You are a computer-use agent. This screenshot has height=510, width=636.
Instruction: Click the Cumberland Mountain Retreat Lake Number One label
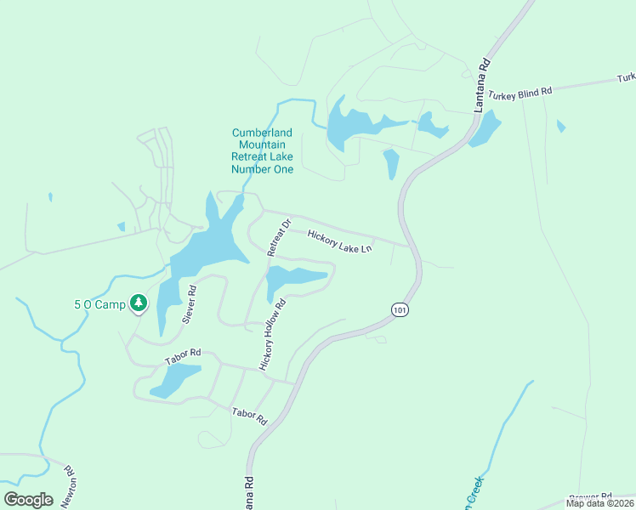pyautogui.click(x=263, y=150)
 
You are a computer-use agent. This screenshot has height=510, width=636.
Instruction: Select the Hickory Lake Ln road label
pyautogui.click(x=340, y=241)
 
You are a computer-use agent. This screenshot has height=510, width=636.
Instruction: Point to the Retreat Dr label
pyautogui.click(x=279, y=238)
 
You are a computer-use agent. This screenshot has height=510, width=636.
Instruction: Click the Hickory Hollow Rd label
pyautogui.click(x=274, y=334)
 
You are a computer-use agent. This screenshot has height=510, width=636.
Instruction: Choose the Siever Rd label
pyautogui.click(x=190, y=304)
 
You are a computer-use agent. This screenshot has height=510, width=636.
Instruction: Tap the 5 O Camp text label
pyautogui.click(x=99, y=304)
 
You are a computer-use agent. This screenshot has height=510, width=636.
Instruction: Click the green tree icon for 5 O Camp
pyautogui.click(x=138, y=303)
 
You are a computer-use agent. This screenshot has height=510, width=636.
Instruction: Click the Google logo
pyautogui.click(x=28, y=499)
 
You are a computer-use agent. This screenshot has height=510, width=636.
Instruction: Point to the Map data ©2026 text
pyautogui.click(x=599, y=503)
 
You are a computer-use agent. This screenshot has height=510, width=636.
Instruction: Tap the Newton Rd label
pyautogui.click(x=67, y=487)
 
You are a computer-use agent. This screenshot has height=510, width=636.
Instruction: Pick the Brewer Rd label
pyautogui.click(x=591, y=496)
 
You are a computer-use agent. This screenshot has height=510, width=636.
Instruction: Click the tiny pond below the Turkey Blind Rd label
pyautogui.click(x=560, y=127)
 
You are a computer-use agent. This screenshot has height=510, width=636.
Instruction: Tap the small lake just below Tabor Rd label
pyautogui.click(x=177, y=381)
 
